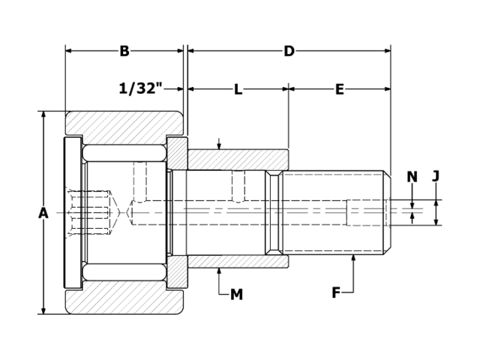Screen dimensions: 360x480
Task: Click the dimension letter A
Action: [43, 213]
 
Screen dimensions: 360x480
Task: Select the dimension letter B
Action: [124, 51]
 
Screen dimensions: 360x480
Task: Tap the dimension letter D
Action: [289, 51]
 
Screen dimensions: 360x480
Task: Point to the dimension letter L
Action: [238, 89]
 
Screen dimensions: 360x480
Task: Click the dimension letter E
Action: [339, 89]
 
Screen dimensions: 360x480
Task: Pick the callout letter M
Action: [236, 295]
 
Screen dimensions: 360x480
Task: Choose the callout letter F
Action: [337, 292]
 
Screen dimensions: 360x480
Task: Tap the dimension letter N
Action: [412, 177]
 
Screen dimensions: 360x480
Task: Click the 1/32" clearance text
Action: [141, 88]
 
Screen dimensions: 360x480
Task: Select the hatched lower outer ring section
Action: [124, 301]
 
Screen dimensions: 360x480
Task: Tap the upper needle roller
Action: [124, 152]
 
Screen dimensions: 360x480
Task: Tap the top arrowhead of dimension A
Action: [43, 115]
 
